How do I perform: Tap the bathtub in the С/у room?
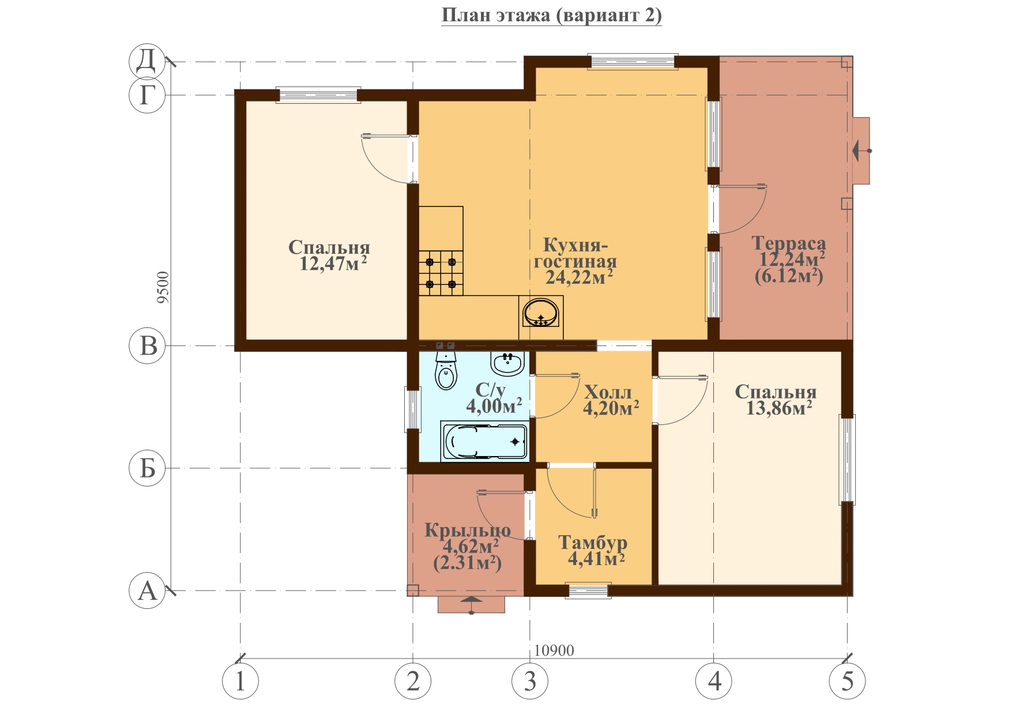[485, 442]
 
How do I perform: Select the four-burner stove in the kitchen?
[441, 273]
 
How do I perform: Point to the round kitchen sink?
[541, 314]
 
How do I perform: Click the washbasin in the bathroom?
[507, 363]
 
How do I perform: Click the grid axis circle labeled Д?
[147, 61]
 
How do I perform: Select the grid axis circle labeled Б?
[147, 468]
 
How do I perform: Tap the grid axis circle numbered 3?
[530, 681]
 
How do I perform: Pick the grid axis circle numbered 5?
[847, 681]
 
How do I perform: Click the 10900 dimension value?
[554, 650]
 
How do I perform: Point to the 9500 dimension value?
[163, 287]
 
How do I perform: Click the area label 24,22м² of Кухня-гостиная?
[579, 277]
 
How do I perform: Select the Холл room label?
[608, 392]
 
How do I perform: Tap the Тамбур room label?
[593, 543]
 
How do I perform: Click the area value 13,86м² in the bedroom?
[779, 408]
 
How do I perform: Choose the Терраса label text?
[788, 243]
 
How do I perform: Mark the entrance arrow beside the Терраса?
[862, 150]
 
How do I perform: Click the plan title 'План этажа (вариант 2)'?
[551, 16]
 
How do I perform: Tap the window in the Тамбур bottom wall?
[588, 590]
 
